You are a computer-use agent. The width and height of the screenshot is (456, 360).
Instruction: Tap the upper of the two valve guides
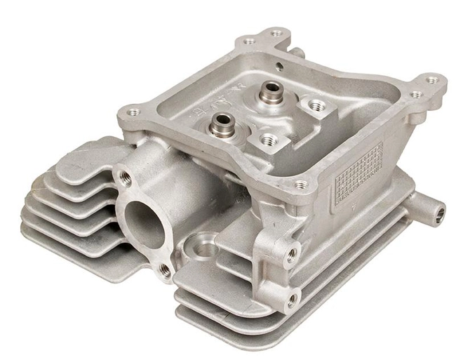269,92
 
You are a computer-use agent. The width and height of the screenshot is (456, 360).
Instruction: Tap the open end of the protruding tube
439,208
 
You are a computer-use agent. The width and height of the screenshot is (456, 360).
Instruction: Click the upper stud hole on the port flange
126,175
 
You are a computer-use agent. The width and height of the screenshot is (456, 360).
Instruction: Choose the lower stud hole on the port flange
163,268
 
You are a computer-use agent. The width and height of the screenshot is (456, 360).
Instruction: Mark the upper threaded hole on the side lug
291,255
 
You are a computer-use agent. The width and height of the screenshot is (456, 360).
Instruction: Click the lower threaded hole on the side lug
290,300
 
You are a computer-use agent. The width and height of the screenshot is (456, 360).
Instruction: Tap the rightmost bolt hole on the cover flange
433,80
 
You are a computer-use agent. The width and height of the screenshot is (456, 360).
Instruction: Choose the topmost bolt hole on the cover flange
276,32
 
